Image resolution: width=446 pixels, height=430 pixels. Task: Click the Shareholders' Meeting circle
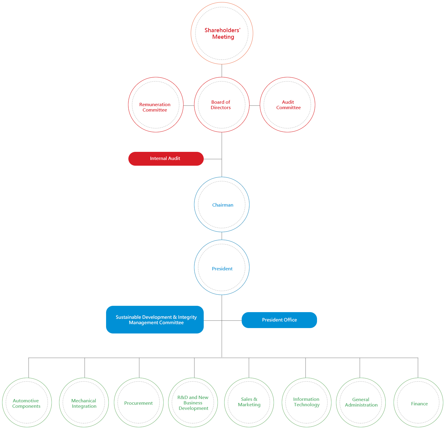click(222, 33)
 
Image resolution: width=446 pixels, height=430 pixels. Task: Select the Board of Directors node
click(221, 105)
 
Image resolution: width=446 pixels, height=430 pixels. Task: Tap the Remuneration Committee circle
click(155, 105)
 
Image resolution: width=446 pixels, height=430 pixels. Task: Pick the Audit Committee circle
click(287, 105)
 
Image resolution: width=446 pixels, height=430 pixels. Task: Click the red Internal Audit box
click(166, 158)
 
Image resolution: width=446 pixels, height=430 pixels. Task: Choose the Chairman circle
click(221, 204)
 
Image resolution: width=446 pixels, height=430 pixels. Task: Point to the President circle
click(221, 267)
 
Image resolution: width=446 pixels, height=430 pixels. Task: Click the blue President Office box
click(279, 320)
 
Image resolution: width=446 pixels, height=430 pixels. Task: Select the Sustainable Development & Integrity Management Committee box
click(155, 320)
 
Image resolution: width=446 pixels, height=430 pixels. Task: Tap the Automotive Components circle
click(27, 402)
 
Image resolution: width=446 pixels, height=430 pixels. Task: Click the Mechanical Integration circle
click(84, 402)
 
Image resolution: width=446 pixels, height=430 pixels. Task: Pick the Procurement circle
click(139, 402)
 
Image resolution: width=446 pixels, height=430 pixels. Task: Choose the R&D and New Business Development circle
click(193, 402)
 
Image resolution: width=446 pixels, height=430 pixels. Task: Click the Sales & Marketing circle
click(249, 402)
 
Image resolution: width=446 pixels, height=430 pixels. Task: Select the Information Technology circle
click(306, 402)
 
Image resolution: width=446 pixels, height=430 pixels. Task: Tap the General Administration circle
click(361, 402)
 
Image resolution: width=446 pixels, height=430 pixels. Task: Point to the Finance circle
click(418, 402)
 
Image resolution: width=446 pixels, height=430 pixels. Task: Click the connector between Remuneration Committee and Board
click(189, 106)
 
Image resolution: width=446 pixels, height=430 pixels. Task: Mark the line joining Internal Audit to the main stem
click(213, 159)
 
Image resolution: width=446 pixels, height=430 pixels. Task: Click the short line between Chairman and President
click(221, 236)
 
